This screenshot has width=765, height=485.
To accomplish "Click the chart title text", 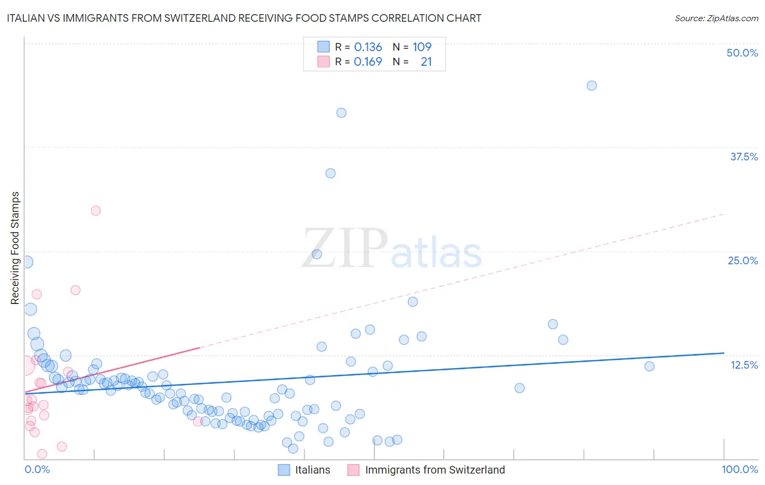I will point(244,18).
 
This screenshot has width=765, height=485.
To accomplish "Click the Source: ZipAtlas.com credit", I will point(716,18).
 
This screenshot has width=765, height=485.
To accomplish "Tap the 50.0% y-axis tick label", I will point(742,53).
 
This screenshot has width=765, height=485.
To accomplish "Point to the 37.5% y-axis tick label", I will point(744,157).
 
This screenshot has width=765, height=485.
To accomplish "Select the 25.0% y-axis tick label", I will point(743,260).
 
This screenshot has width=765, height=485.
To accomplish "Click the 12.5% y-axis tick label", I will point(744,365).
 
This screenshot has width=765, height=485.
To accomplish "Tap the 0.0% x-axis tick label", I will point(37,469).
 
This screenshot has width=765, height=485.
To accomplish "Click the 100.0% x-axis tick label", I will point(739,469).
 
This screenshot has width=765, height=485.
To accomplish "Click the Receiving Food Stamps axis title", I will point(15,248).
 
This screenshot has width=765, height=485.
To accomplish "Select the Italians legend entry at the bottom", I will point(304,470).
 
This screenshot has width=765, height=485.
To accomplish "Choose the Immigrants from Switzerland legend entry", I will point(427,470).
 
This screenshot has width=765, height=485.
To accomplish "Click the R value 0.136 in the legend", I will point(368,47).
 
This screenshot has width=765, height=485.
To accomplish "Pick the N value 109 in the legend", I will point(422,47).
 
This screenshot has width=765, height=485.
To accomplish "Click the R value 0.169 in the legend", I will point(368,61).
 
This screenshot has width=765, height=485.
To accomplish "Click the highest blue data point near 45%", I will point(591,85).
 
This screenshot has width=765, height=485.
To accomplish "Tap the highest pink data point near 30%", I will point(96,210).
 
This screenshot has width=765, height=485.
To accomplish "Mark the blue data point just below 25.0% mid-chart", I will point(317,254).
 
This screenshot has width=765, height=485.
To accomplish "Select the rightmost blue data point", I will point(649,366).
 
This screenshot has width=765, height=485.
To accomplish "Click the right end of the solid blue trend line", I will point(724,353).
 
